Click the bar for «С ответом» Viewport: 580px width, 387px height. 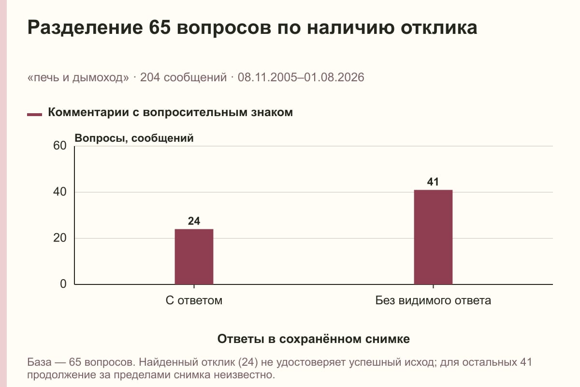(194, 256)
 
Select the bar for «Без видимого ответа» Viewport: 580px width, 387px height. (433, 237)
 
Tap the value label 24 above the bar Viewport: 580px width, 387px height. (194, 221)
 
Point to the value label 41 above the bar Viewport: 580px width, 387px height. (433, 182)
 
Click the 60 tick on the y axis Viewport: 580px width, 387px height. (60, 146)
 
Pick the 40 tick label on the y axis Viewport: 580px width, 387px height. (60, 192)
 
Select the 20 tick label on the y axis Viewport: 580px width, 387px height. (60, 238)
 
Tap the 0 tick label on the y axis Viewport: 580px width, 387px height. (63, 284)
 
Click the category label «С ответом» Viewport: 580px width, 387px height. (194, 301)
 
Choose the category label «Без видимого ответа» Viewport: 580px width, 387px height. (433, 301)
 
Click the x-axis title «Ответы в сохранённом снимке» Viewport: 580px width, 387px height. (314, 339)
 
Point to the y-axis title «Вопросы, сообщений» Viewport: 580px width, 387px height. (134, 138)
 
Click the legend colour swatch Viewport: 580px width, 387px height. (34, 114)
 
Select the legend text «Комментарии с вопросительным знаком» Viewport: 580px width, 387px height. (170, 113)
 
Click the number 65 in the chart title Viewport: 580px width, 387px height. (160, 27)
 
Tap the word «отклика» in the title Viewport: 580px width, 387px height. (439, 28)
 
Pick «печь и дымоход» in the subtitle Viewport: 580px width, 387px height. (78, 77)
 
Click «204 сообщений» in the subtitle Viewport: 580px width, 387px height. (183, 77)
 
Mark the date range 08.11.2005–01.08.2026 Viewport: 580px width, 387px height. (301, 77)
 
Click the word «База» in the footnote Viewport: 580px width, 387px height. (39, 362)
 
